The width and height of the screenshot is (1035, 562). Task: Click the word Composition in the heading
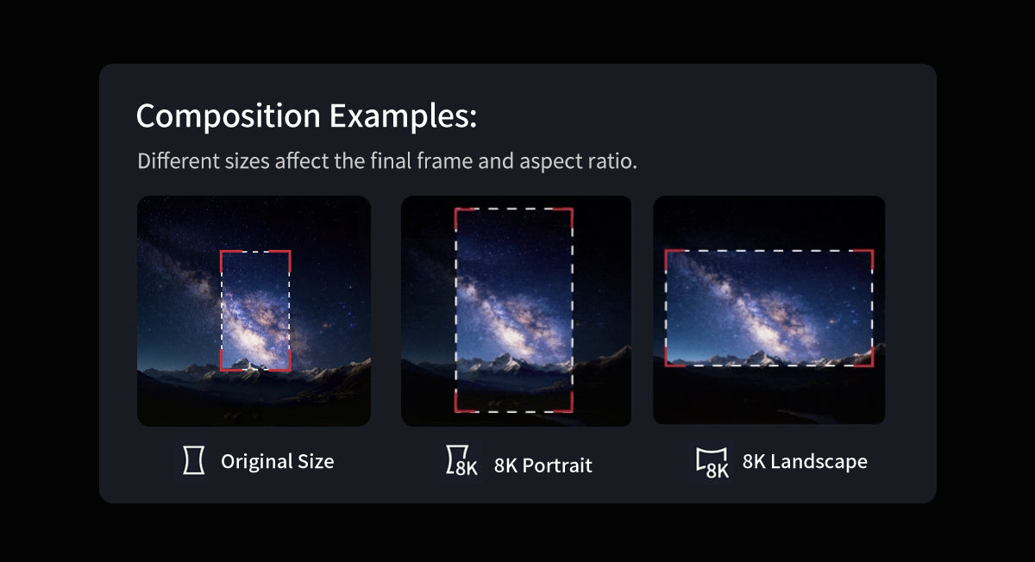pos(229,116)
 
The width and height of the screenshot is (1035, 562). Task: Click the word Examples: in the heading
pos(403,116)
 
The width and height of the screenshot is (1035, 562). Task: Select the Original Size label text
pos(277,461)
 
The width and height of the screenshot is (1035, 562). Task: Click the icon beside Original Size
pos(194,460)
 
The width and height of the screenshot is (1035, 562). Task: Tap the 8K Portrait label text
pos(543,465)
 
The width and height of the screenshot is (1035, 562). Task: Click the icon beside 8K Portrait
pos(461,460)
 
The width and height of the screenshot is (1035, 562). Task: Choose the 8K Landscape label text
pos(805,461)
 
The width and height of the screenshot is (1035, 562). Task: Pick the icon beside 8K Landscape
pos(712,463)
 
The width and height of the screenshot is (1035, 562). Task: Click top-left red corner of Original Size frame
pos(222,252)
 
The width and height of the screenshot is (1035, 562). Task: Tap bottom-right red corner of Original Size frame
pos(290,370)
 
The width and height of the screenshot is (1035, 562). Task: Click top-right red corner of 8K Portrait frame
pos(572,209)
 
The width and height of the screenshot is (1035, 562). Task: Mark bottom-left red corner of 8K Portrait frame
pos(456,410)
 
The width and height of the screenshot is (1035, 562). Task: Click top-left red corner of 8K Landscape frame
pos(666,251)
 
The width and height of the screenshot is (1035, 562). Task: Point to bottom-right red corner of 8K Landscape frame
pos(872,365)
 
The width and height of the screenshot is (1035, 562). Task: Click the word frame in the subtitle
pos(445,161)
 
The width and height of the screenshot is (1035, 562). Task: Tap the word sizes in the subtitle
pos(248,161)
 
